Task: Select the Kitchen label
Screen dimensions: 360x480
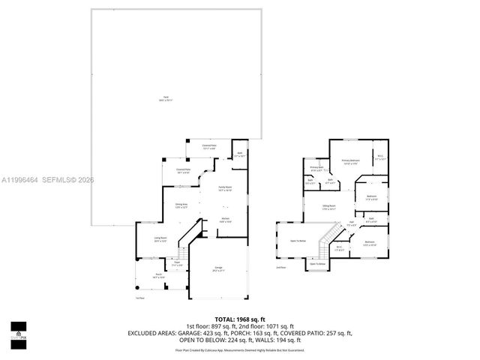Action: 224,219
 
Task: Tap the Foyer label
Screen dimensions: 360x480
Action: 178,263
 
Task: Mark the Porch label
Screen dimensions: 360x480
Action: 159,276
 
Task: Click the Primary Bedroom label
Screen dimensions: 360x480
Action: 351,160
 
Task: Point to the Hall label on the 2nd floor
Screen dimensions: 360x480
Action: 351,221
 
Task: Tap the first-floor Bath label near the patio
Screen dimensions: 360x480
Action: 239,154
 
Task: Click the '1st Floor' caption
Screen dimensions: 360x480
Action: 139,298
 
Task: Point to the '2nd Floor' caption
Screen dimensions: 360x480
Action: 281,266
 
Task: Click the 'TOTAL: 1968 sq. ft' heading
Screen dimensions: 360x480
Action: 239,319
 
